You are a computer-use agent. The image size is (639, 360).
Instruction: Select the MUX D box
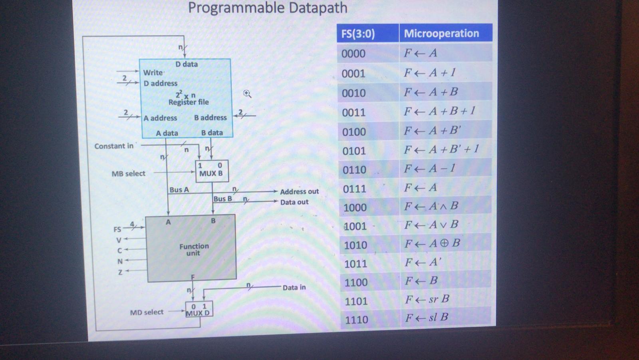(199, 309)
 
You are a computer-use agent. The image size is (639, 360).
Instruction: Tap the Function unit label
(194, 249)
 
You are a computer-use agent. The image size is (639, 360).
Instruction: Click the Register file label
(188, 102)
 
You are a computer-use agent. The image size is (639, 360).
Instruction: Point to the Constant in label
(114, 146)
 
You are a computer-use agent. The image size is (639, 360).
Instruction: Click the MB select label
(128, 174)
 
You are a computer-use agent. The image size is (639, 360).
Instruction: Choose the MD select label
(147, 312)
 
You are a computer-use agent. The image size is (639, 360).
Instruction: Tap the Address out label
(299, 191)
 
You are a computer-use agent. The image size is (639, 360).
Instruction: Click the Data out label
(294, 202)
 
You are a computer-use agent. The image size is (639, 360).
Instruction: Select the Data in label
(294, 287)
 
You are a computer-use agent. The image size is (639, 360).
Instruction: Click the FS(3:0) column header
(358, 34)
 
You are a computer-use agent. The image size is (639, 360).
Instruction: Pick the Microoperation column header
(441, 34)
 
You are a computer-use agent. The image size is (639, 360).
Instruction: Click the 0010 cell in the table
(354, 93)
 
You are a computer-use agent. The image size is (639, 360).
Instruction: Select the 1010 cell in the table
(355, 245)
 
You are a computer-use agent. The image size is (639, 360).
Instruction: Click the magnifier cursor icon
(247, 93)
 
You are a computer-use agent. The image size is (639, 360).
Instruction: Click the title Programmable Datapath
(268, 8)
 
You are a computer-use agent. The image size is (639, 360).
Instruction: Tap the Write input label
(153, 73)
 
